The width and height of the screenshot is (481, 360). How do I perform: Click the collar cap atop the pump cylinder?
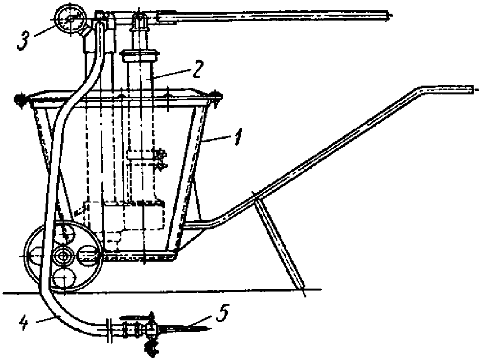pos(140,54)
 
